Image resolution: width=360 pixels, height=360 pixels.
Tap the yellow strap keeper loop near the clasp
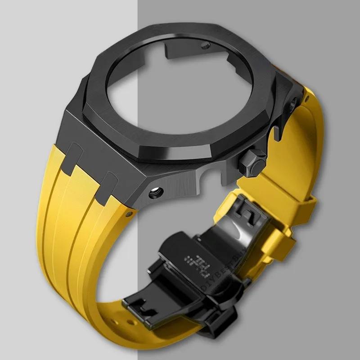(x=279, y=245)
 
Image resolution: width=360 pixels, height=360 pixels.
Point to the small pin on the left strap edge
(x=130, y=210)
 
